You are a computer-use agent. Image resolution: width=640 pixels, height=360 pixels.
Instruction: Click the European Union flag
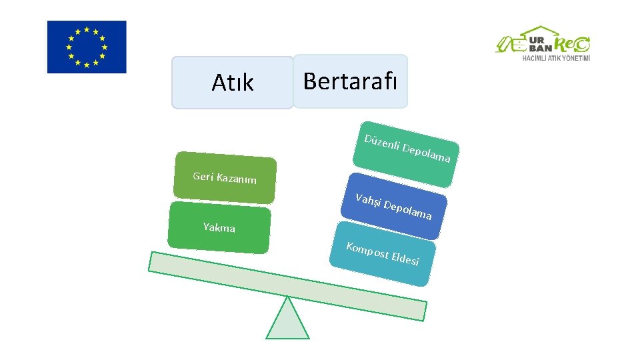click(86, 47)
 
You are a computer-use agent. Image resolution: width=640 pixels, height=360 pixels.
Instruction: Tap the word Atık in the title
click(233, 83)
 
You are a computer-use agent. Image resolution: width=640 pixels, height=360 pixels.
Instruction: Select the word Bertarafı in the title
click(350, 81)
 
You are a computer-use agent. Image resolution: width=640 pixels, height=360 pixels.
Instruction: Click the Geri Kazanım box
click(225, 178)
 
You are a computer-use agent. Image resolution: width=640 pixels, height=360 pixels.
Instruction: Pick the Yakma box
click(219, 229)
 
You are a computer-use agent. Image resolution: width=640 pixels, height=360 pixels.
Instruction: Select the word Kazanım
click(237, 179)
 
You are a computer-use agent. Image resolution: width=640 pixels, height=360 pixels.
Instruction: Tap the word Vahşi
click(369, 201)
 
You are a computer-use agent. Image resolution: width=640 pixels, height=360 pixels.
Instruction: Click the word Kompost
click(367, 251)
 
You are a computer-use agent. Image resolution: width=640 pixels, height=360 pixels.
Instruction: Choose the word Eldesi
click(405, 259)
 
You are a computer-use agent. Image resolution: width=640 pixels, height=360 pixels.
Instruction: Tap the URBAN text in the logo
click(539, 43)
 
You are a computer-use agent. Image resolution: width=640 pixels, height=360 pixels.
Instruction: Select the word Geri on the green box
click(203, 176)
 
